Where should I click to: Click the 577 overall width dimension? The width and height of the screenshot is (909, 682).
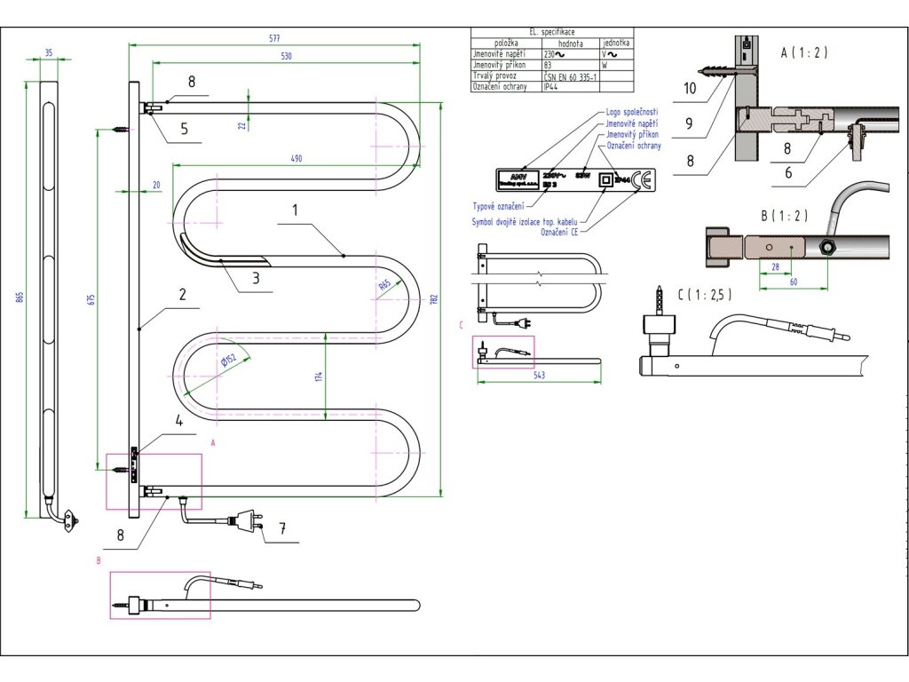274,38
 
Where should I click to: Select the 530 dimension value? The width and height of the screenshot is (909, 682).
286,56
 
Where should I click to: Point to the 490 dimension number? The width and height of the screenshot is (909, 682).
296,158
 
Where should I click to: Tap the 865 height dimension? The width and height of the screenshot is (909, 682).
20,298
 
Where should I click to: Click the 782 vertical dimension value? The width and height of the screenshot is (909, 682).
433,299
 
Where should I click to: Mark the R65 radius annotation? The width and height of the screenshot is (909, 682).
383,286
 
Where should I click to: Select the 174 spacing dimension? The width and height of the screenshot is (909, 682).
317,377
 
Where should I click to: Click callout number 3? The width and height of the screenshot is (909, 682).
255,278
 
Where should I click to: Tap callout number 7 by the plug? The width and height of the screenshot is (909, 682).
281,528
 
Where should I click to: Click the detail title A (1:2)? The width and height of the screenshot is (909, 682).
803,52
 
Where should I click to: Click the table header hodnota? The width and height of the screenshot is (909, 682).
570,43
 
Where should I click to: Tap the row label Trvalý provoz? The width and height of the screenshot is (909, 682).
495,77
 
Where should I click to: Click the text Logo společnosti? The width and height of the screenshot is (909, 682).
631,113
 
